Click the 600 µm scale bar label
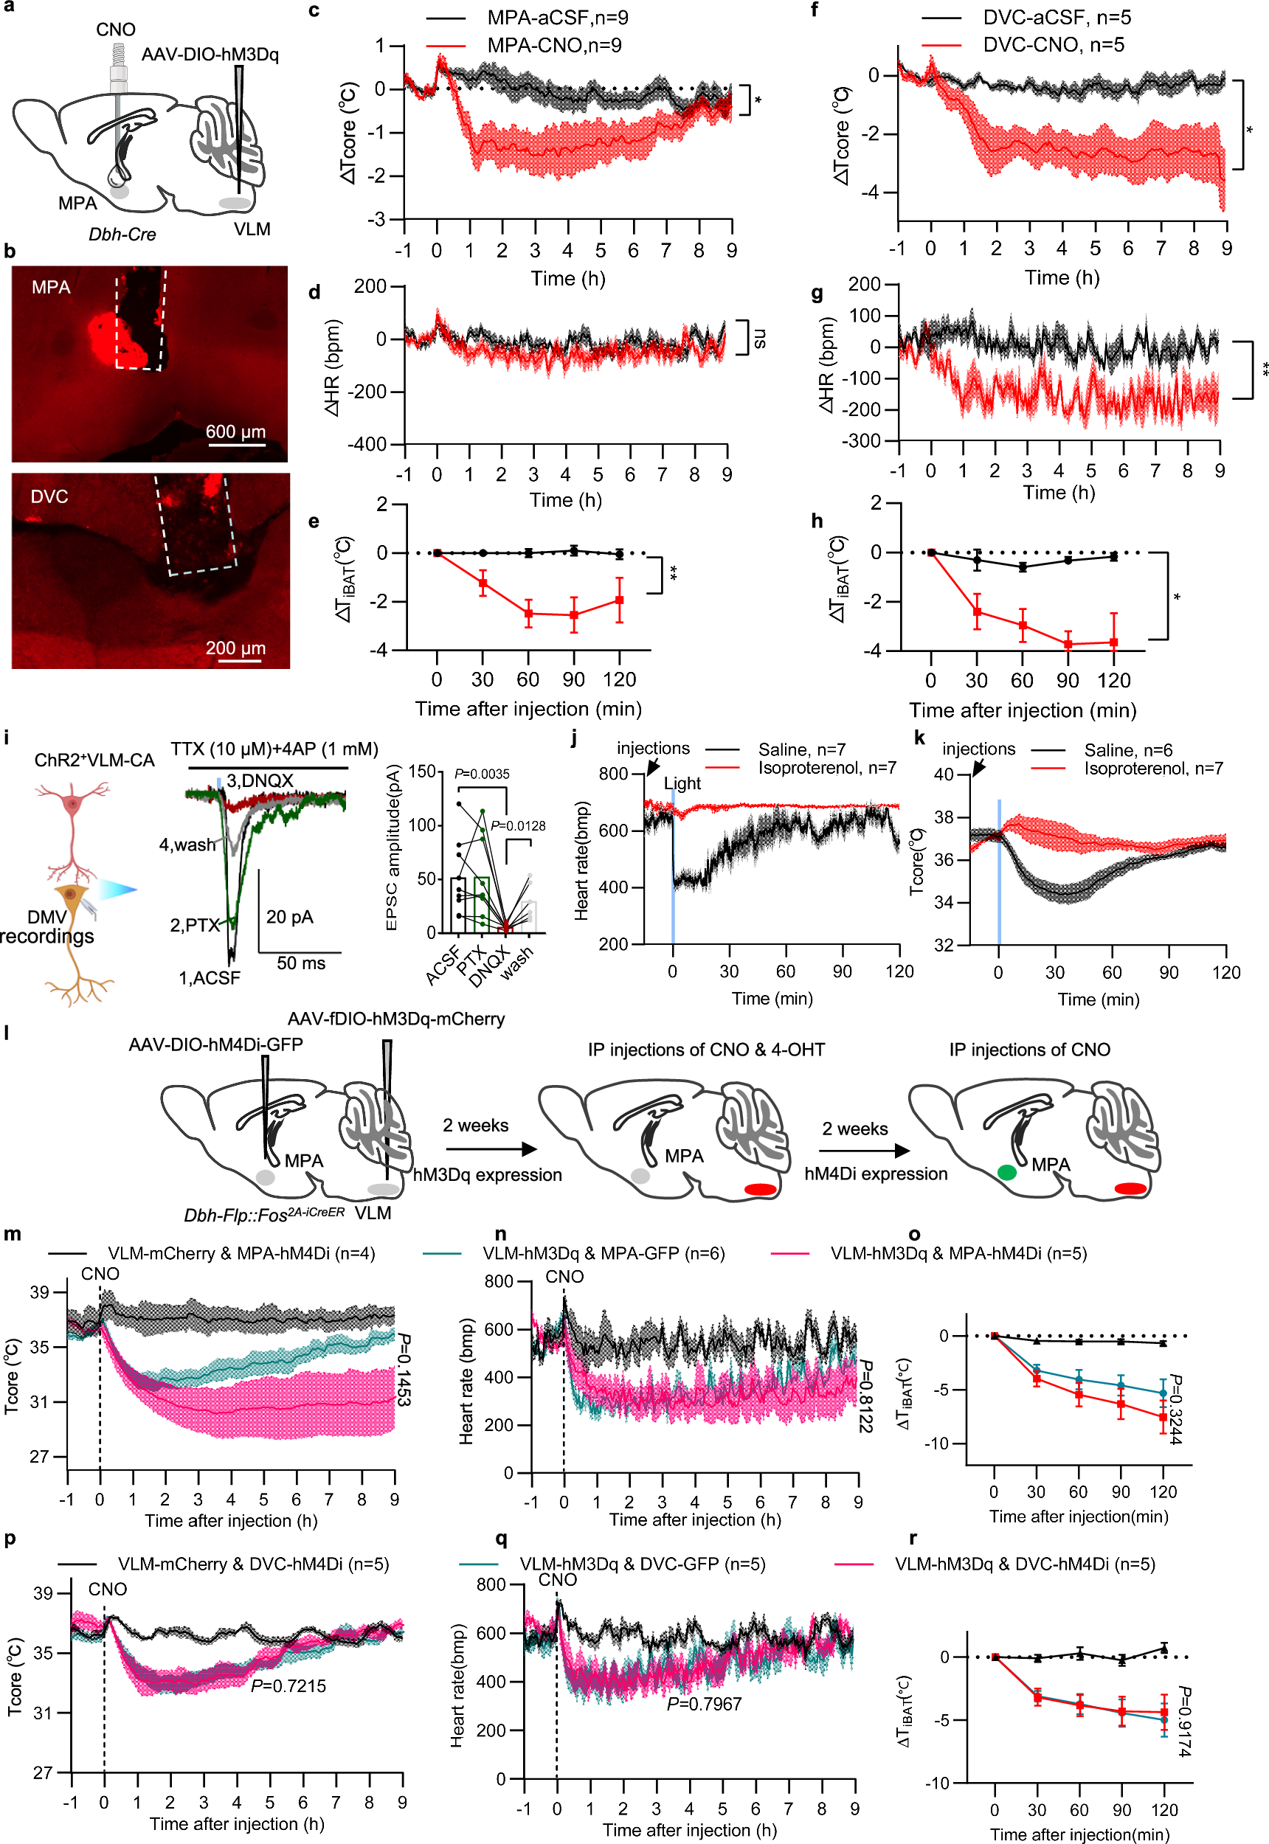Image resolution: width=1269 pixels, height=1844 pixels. coord(235,431)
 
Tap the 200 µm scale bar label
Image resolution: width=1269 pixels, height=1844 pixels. coord(235,648)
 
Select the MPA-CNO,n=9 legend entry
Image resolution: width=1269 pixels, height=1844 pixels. coord(553,45)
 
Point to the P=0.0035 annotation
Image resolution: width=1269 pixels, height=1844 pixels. coord(482,773)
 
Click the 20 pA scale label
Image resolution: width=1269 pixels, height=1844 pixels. coord(289,918)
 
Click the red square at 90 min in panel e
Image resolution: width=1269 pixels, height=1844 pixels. coord(573,614)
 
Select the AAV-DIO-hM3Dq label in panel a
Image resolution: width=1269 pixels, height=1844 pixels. coord(210,54)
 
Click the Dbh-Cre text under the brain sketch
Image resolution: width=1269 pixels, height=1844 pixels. coord(122,235)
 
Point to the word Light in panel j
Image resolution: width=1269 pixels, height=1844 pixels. coord(682,783)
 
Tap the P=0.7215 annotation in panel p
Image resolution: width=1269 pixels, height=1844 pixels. coord(288,1686)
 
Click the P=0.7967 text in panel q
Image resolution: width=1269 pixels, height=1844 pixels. coord(704,1703)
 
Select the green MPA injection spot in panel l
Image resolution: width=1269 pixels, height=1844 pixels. coord(1006,1172)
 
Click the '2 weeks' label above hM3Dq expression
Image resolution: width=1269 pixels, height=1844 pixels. coord(475,1126)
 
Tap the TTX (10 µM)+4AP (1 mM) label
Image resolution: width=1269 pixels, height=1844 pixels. coord(274,749)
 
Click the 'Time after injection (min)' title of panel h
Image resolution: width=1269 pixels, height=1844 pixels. coord(1023,710)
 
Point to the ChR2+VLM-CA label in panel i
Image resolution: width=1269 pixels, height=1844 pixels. coord(94,760)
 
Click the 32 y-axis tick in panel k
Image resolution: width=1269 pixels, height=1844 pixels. coord(943,945)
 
